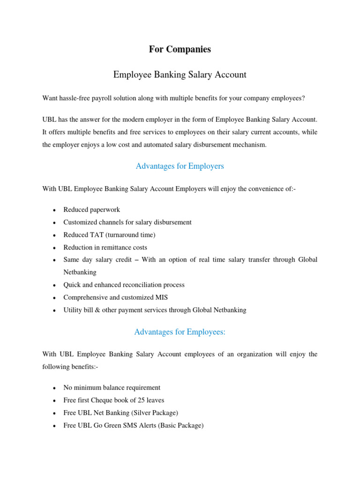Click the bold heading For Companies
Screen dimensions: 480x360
[x=180, y=49]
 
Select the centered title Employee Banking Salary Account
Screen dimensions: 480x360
[x=180, y=75]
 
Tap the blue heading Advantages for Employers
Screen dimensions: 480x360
[x=180, y=166]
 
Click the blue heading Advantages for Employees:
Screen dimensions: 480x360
[x=180, y=332]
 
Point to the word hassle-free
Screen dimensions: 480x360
[x=76, y=98]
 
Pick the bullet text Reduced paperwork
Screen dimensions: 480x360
[x=92, y=210]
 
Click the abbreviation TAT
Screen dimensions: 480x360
[x=97, y=235]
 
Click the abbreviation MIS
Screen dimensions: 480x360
[x=161, y=297]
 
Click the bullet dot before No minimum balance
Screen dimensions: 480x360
[x=55, y=388]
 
